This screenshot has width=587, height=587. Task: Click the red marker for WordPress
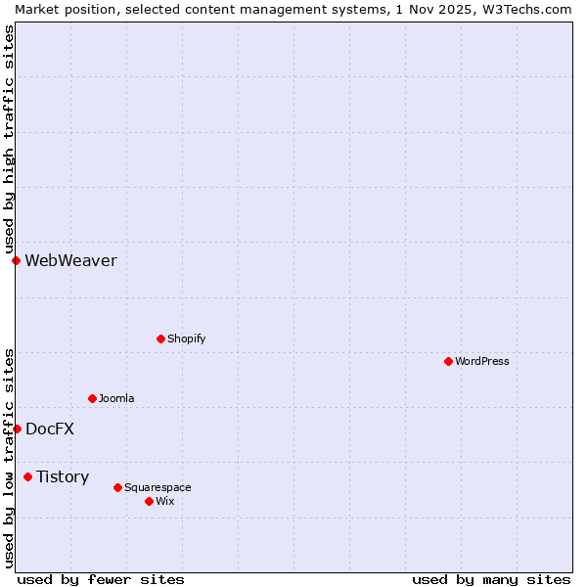[x=448, y=361]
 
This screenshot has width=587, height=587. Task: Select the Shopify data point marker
[x=160, y=339]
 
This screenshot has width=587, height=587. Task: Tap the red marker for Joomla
[x=92, y=398]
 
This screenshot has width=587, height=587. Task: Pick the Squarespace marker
[x=117, y=487]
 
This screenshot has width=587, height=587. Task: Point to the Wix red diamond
[x=149, y=501]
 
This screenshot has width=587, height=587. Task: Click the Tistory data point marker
[x=27, y=476]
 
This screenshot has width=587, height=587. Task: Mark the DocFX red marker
[x=17, y=429]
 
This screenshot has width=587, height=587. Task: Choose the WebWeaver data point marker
[x=16, y=260]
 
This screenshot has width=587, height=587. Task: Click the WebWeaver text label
[x=70, y=260]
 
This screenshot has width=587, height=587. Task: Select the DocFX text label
[x=50, y=429]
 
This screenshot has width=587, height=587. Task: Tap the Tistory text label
[x=63, y=476]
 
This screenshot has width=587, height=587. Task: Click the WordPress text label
[x=482, y=361]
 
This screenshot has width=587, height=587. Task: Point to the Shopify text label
[x=186, y=339]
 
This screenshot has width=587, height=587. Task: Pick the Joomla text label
[x=116, y=398]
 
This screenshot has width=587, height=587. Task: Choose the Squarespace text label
[x=158, y=487]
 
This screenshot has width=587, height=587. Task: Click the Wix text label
[x=165, y=501]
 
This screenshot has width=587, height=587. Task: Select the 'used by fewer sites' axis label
[x=101, y=579]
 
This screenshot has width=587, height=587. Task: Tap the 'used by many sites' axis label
[x=491, y=579]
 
